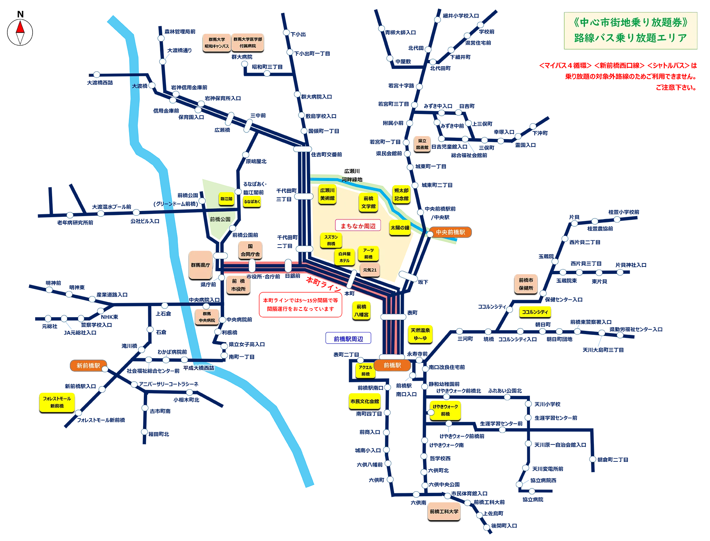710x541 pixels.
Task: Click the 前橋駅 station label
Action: (392, 365)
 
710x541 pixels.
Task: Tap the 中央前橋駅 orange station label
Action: (450, 232)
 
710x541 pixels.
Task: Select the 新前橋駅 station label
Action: (88, 366)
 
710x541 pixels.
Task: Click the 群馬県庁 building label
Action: (200, 265)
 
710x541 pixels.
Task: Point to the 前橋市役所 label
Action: (238, 285)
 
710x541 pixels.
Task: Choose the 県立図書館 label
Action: (422, 144)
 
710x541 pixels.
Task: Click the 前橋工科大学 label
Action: (444, 511)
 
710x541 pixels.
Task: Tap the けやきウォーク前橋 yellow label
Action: (445, 410)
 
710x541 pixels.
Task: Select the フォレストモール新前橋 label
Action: (57, 402)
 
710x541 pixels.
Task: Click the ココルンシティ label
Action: (534, 312)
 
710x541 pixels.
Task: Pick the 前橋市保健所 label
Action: (525, 284)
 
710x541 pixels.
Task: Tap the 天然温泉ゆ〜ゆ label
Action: (420, 334)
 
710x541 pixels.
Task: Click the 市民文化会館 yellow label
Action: (365, 401)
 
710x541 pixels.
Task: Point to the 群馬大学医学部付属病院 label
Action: (247, 43)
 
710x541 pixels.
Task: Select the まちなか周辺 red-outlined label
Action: (358, 226)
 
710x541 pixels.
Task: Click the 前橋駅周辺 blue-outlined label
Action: (348, 339)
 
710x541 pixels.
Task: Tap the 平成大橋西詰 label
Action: (199, 368)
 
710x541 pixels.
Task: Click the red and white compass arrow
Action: (20, 33)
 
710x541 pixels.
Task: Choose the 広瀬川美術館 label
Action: (327, 194)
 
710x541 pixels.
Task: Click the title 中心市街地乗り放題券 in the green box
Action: (630, 23)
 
